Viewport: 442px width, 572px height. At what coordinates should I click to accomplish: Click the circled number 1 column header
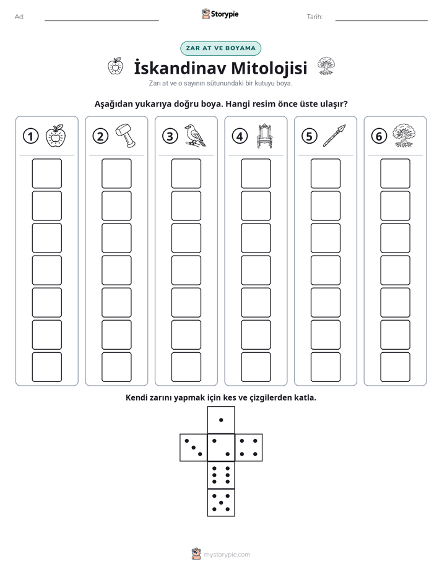(30, 136)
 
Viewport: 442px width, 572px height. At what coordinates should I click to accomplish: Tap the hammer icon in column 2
(126, 136)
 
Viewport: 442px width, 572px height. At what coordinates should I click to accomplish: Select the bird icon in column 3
(195, 136)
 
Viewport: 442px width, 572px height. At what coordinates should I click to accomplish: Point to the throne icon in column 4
(265, 136)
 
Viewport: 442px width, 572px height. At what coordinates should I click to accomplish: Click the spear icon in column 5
(334, 136)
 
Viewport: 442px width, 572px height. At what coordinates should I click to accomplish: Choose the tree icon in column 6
(404, 136)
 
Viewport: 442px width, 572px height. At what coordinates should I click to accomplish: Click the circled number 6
(379, 136)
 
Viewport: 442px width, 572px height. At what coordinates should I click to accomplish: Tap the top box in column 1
(46, 173)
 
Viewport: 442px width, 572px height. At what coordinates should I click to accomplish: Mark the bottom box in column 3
(186, 367)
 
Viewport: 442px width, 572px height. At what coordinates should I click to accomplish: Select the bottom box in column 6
(395, 367)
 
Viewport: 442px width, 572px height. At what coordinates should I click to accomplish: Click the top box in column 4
(256, 173)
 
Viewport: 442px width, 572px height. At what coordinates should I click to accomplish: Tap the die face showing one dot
(221, 420)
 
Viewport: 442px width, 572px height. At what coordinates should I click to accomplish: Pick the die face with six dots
(221, 475)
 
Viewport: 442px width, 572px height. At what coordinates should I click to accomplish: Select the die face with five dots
(221, 502)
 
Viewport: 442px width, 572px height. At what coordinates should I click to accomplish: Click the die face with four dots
(249, 448)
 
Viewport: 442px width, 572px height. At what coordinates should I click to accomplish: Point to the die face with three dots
(194, 448)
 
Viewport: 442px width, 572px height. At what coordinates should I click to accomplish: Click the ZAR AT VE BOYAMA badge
(220, 48)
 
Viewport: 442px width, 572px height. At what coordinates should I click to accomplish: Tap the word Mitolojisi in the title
(269, 68)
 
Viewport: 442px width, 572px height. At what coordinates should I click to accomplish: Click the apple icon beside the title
(115, 66)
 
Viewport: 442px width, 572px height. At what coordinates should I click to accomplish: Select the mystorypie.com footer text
(227, 555)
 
